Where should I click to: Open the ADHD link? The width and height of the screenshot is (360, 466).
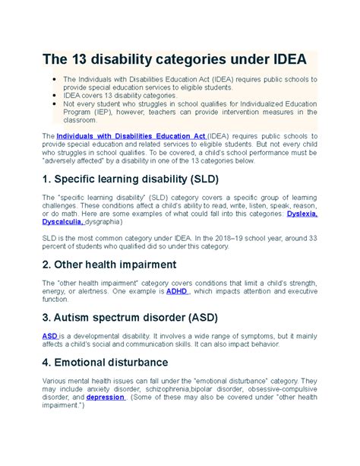coord(176,290)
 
